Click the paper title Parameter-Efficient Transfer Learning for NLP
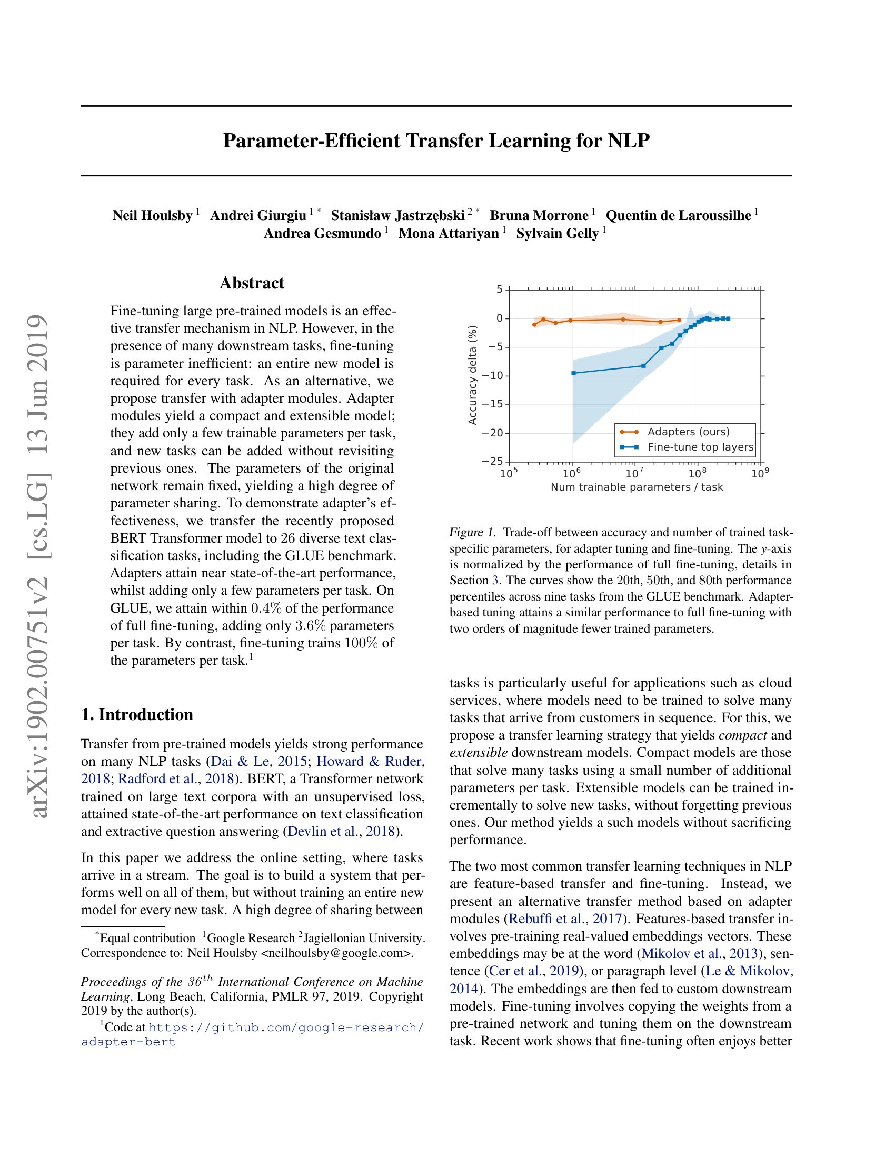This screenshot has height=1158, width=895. tap(436, 141)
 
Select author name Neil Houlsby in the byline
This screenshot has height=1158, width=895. tap(152, 215)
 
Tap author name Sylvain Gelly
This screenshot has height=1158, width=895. tap(557, 233)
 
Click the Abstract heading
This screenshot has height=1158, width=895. tap(252, 283)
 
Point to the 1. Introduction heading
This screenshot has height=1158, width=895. tap(137, 715)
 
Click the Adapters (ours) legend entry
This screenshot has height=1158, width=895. tap(688, 432)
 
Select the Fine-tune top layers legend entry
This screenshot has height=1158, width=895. tap(700, 447)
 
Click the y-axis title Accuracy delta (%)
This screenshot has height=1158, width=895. tap(472, 375)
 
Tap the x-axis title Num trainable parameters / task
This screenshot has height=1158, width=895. tap(637, 487)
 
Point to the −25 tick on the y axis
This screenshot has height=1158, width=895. tap(492, 461)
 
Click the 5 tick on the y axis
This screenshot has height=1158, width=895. tap(499, 289)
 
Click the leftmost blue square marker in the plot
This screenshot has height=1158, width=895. tap(573, 373)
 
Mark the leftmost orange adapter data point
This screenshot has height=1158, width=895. tap(534, 324)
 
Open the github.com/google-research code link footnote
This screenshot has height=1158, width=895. tap(286, 1027)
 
